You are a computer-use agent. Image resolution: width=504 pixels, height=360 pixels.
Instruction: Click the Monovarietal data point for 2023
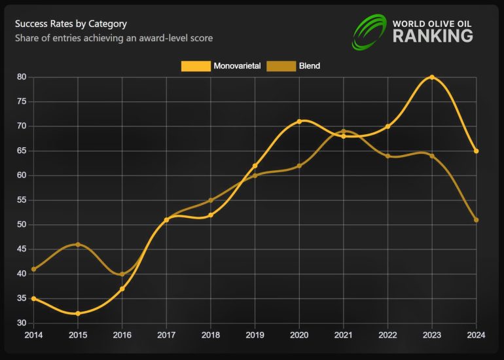click(432, 77)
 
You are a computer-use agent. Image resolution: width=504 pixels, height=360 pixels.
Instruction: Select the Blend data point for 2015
click(78, 245)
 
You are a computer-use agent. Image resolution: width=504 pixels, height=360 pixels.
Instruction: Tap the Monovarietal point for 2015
click(78, 314)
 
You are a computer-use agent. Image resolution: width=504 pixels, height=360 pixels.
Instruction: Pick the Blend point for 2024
click(477, 220)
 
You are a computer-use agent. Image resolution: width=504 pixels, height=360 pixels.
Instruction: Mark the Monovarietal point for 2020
click(299, 121)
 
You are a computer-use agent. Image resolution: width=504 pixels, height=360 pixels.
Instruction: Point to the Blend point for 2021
click(344, 132)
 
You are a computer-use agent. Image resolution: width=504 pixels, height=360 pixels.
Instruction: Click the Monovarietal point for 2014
click(33, 298)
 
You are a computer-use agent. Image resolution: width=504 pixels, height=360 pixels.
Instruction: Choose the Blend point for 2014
click(33, 269)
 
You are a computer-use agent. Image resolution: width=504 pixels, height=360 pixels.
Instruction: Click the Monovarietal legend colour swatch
click(195, 66)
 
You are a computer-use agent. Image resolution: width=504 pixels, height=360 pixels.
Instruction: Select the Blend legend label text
click(309, 66)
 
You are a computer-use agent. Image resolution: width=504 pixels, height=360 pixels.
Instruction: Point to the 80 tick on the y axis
click(22, 77)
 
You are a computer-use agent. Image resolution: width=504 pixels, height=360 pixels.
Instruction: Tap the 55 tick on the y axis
click(22, 200)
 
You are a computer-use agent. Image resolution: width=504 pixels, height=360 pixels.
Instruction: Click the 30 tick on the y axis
click(22, 323)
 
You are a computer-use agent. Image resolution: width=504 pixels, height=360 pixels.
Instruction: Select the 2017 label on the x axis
click(166, 335)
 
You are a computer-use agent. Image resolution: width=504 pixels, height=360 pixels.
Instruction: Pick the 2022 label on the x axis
click(387, 335)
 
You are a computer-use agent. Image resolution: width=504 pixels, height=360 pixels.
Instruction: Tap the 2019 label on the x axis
click(255, 335)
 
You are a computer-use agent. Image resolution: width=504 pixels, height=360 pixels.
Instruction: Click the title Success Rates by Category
click(71, 24)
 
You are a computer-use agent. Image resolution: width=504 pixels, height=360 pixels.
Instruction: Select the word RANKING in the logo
click(433, 36)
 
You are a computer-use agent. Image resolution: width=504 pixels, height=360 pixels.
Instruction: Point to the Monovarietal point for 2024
click(477, 151)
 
